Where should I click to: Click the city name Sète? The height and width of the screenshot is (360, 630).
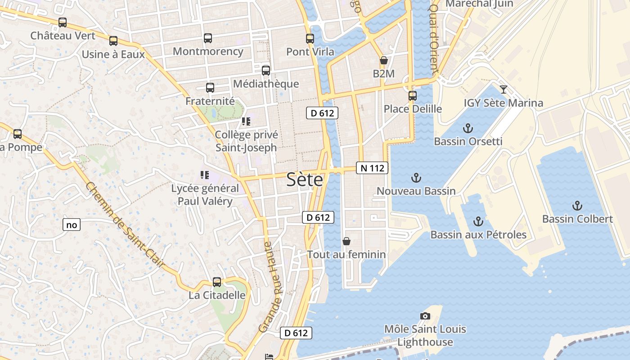305,180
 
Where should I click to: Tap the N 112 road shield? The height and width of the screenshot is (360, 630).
372,168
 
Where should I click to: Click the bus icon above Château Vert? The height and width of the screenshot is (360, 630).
63,22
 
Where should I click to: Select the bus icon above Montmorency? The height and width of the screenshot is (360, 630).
207,38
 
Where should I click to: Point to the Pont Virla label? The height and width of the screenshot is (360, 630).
310,52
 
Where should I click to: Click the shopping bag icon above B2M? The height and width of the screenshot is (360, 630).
384,60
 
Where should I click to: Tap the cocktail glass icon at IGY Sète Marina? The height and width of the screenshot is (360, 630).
504,89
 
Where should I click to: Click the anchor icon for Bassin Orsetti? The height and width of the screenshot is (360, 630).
468,128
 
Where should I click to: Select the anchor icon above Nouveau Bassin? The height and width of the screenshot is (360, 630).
416,178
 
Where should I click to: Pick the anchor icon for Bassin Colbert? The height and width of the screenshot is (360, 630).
577,206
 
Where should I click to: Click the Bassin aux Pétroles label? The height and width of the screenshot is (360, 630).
478,234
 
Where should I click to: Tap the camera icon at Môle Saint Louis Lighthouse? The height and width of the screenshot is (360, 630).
425,316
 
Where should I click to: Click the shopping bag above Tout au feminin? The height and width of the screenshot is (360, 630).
346,241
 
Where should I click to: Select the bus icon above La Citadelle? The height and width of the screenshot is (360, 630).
217,282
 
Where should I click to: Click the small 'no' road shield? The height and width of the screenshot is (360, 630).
72,225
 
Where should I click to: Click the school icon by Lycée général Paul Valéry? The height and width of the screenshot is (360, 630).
205,175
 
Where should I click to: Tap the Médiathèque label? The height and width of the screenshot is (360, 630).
266,84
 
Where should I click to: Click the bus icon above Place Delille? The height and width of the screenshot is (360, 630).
413,95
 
